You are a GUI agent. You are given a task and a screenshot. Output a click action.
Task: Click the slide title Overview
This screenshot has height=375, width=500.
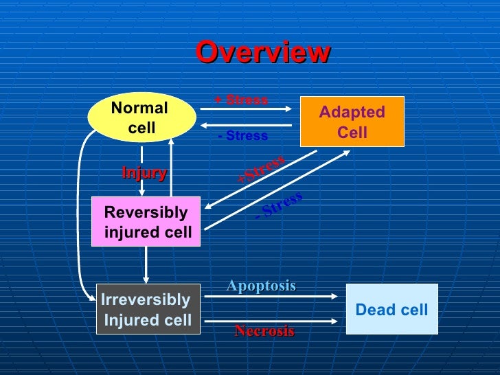click(263, 53)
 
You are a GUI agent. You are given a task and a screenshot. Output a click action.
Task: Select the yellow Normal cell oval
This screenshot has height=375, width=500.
click(140, 117)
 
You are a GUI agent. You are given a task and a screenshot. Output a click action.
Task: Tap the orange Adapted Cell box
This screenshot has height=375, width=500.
click(352, 122)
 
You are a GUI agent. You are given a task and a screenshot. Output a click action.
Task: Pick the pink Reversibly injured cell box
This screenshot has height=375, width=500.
click(146, 222)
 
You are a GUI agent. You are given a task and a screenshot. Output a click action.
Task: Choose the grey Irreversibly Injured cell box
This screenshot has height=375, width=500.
click(148, 309)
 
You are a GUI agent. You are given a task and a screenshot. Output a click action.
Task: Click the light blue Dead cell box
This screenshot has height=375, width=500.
click(391, 309)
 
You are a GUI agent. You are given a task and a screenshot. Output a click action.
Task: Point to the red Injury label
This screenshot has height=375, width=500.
click(144, 173)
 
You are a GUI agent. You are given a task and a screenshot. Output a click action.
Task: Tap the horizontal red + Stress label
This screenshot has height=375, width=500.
click(241, 100)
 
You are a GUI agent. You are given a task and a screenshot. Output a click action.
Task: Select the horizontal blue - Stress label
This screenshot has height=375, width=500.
click(243, 136)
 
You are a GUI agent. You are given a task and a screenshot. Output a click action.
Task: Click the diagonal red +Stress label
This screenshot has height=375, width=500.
click(261, 170)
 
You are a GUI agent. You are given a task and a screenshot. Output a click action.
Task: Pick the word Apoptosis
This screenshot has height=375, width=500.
click(261, 286)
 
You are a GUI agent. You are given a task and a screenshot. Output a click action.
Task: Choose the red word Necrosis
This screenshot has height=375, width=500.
click(264, 331)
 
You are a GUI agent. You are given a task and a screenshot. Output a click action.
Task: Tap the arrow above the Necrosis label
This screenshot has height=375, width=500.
click(272, 320)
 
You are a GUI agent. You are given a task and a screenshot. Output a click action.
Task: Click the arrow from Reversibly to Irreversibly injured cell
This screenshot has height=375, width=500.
click(146, 264)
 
